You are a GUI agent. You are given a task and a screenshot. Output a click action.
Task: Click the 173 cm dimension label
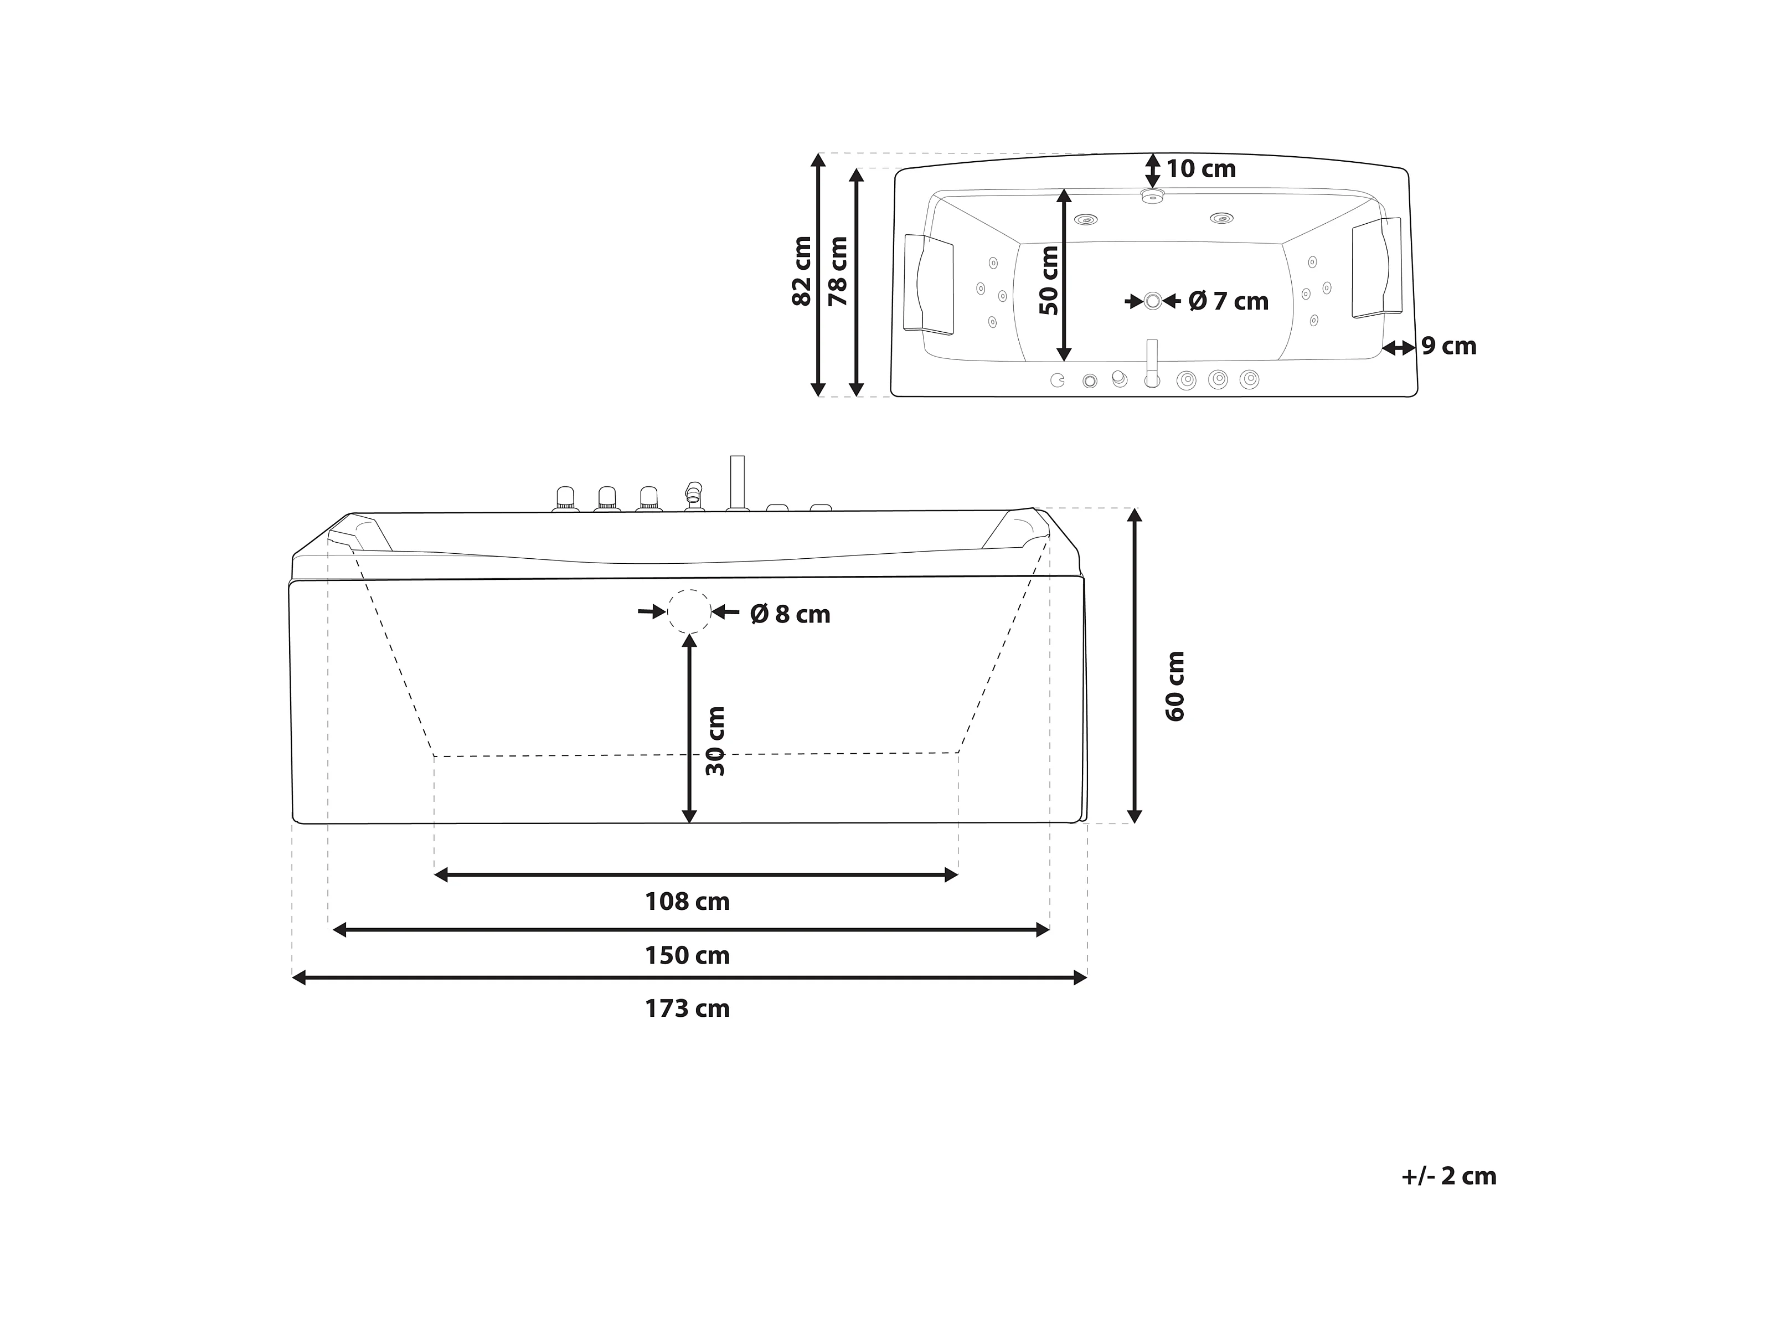[x=687, y=1009]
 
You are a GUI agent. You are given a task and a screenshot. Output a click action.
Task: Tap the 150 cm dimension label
[x=687, y=956]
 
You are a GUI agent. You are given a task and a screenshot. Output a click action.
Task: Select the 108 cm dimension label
[x=687, y=902]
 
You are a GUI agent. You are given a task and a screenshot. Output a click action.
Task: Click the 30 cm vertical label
[x=715, y=741]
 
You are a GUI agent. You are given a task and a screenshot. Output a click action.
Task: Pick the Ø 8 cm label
[x=790, y=615]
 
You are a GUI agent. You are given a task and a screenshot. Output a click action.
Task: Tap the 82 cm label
[x=802, y=271]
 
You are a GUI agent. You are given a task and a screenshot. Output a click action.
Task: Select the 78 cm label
[x=839, y=271]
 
